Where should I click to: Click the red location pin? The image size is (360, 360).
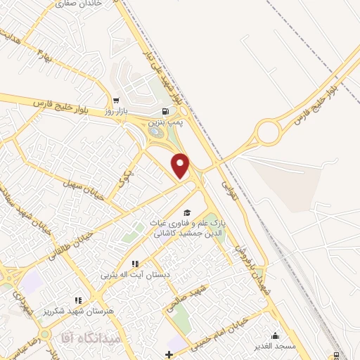(x=181, y=165)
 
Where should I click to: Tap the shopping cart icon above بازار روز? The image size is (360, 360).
(x=115, y=101)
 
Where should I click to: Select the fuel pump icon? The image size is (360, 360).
(x=166, y=111)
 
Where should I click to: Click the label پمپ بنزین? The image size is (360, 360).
(x=168, y=122)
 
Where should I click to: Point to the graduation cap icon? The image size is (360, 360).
(x=186, y=212)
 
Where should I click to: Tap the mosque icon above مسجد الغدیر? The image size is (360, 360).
(x=274, y=335)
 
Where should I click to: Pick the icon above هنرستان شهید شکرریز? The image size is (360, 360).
(x=79, y=281)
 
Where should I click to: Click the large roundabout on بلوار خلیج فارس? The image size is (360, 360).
(x=268, y=131)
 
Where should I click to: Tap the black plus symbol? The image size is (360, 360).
(x=168, y=353)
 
